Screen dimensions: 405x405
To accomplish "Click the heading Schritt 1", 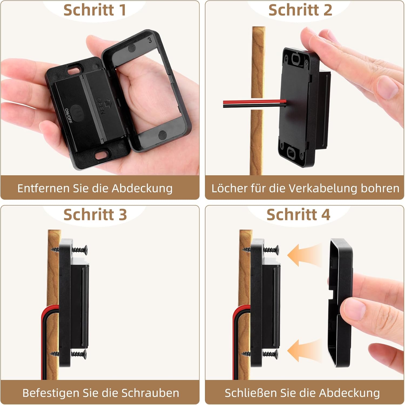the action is tap(95, 10).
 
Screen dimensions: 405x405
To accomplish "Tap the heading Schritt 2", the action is tap(300, 10).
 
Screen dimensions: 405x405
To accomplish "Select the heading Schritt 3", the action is tap(95, 215).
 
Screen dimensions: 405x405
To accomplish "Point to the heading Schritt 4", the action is tap(298, 215).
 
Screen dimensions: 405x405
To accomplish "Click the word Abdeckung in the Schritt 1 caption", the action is tap(142, 188).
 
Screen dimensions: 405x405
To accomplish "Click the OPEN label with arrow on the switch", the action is tap(101, 106).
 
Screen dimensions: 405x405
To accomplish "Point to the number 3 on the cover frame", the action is tap(150, 40).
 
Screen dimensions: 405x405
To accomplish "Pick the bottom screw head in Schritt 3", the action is tap(85, 354).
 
